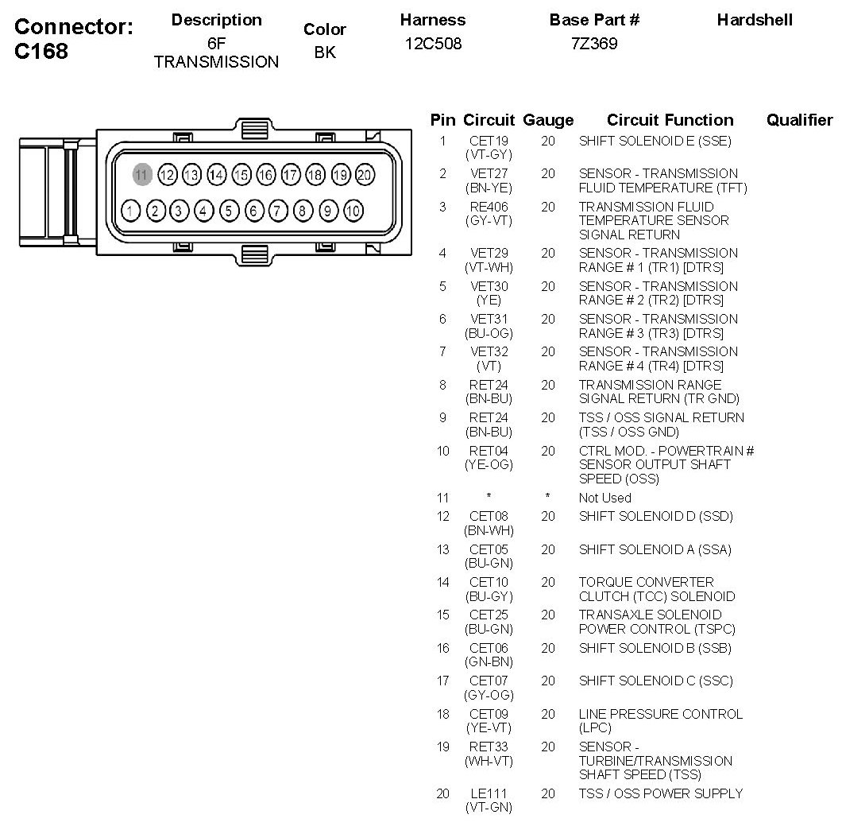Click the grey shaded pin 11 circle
pos(142,174)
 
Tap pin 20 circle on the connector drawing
pos(365,174)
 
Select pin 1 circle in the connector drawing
pos(132,211)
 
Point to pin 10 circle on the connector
pos(353,211)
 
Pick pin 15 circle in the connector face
pos(241,174)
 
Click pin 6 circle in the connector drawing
pos(254,211)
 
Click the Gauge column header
pos(548,121)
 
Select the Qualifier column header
pos(799,121)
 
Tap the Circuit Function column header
pos(670,121)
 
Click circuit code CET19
pos(489,142)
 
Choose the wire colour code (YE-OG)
pos(489,465)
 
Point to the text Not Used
pos(604,498)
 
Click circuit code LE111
pos(489,793)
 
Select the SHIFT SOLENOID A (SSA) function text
pos(655,550)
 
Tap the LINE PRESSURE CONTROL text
pos(660,715)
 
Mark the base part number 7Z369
pos(594,44)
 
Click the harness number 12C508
pos(433,44)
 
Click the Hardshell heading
pos(755,20)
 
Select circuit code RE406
pos(489,207)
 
